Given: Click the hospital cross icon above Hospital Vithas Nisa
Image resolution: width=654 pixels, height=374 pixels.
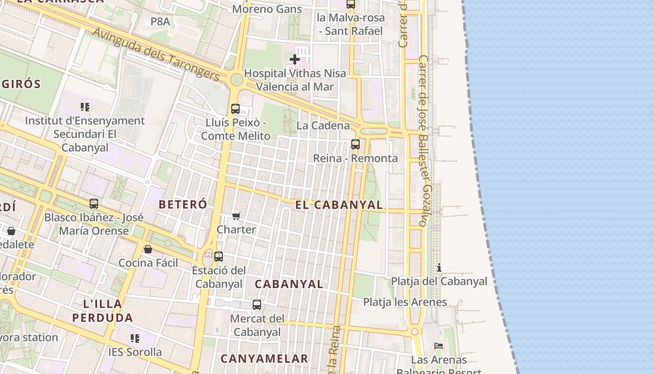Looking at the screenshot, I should (295, 59).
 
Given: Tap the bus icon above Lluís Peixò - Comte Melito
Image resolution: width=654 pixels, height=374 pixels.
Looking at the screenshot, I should (235, 109).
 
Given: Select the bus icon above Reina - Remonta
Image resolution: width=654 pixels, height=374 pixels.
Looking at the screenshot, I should (355, 144).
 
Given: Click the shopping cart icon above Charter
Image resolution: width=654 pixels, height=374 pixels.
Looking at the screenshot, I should (236, 216).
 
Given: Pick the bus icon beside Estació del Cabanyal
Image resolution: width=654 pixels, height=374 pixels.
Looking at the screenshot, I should (219, 257).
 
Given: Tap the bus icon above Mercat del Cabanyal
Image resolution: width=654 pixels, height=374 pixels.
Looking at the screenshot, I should (257, 305).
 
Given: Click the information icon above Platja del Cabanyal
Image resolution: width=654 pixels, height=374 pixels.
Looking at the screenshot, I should (439, 268).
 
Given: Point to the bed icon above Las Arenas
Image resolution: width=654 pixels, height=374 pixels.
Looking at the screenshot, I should (439, 346).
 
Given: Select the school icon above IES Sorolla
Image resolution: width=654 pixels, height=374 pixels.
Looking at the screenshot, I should (135, 338).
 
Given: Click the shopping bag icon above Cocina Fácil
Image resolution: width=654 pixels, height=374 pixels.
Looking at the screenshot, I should (148, 249).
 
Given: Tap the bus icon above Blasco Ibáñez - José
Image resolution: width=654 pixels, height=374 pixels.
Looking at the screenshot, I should (94, 204).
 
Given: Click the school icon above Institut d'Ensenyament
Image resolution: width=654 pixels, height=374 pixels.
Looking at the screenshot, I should (85, 107).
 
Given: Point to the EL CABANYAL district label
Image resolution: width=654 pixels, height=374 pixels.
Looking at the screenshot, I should (339, 205).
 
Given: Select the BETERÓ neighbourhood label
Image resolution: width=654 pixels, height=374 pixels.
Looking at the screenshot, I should (183, 204).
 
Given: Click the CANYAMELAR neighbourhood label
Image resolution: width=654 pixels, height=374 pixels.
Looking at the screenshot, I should (264, 359).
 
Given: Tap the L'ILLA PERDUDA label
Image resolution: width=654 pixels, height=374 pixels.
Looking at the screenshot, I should (103, 311).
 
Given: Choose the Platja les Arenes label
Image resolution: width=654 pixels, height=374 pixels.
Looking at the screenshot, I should (405, 302).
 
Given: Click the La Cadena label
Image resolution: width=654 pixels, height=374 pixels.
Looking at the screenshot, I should (323, 125).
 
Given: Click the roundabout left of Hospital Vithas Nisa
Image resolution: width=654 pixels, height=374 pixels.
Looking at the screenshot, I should (236, 79).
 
